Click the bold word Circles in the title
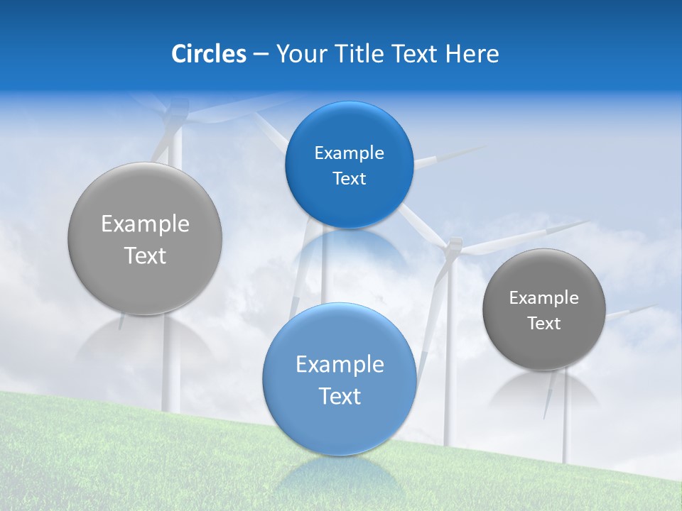[208, 54]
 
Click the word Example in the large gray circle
[145, 224]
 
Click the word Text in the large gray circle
[145, 255]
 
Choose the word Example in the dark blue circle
[349, 153]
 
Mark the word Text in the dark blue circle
[349, 179]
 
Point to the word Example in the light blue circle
[340, 365]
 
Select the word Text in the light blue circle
[340, 396]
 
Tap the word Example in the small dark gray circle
[543, 298]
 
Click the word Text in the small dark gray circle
[543, 324]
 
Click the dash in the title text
[260, 54]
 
